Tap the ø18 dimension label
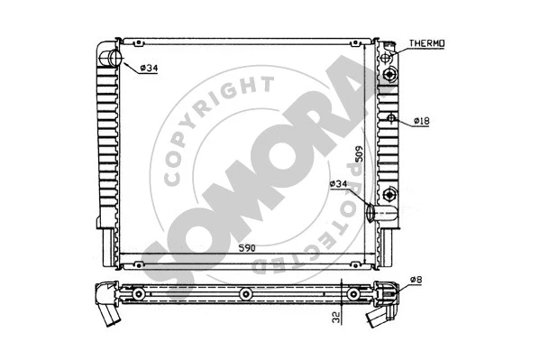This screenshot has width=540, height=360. click(x=423, y=121)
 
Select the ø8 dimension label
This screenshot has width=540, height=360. click(x=416, y=280)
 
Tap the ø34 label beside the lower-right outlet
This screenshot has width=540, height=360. click(x=339, y=184)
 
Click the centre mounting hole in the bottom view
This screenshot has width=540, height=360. click(x=245, y=294)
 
